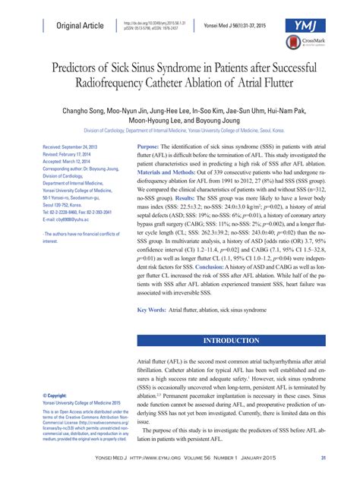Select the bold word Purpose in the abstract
147,146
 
